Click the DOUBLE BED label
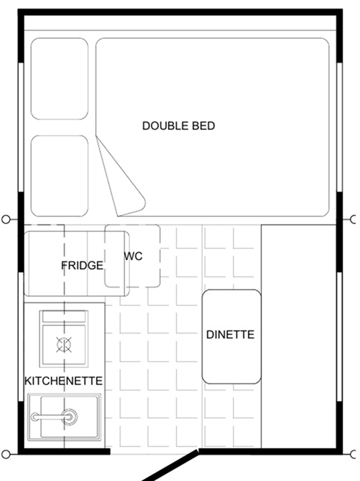click(x=179, y=125)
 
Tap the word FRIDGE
click(x=82, y=265)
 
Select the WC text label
click(x=133, y=256)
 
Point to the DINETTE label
click(x=230, y=334)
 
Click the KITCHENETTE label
click(x=63, y=381)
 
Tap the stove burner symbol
click(x=64, y=344)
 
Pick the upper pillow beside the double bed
click(x=60, y=78)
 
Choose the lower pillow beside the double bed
click(x=60, y=176)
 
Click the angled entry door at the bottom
click(x=170, y=465)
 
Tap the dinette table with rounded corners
click(x=232, y=336)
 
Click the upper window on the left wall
click(x=21, y=128)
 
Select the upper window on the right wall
click(x=339, y=128)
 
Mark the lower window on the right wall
click(x=339, y=336)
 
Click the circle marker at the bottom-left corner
click(x=6, y=454)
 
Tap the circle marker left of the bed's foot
click(x=6, y=219)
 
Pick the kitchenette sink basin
click(x=64, y=417)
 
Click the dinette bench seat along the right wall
click(x=299, y=336)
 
